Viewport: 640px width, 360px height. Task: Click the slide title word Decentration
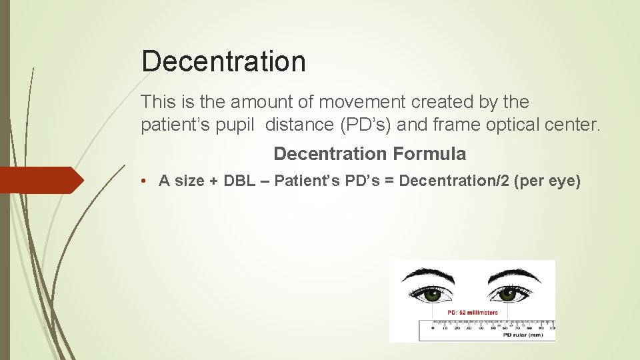223,61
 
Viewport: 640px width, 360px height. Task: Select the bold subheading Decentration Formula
369,154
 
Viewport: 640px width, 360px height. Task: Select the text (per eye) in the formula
547,181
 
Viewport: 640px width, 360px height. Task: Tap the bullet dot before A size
145,181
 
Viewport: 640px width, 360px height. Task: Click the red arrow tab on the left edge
40,180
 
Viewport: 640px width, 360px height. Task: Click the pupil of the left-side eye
432,293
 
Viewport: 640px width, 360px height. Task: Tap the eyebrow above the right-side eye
512,273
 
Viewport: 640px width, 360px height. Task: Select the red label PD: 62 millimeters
473,312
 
